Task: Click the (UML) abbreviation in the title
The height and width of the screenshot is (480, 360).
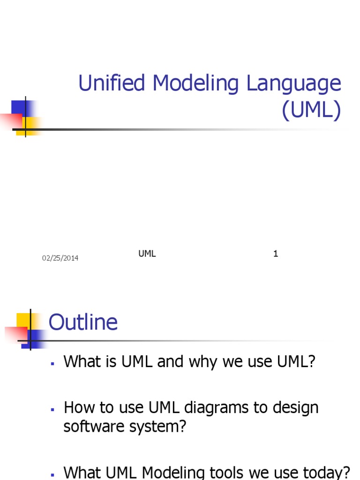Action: (x=311, y=111)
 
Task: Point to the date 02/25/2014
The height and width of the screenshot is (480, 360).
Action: (x=60, y=258)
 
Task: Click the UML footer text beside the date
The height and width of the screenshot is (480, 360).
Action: (x=147, y=254)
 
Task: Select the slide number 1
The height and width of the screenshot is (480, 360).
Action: (x=276, y=254)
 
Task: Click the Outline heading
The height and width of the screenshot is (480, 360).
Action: (x=83, y=322)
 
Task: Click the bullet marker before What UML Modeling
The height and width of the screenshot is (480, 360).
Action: (x=53, y=474)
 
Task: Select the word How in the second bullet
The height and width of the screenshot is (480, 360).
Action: (x=76, y=408)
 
